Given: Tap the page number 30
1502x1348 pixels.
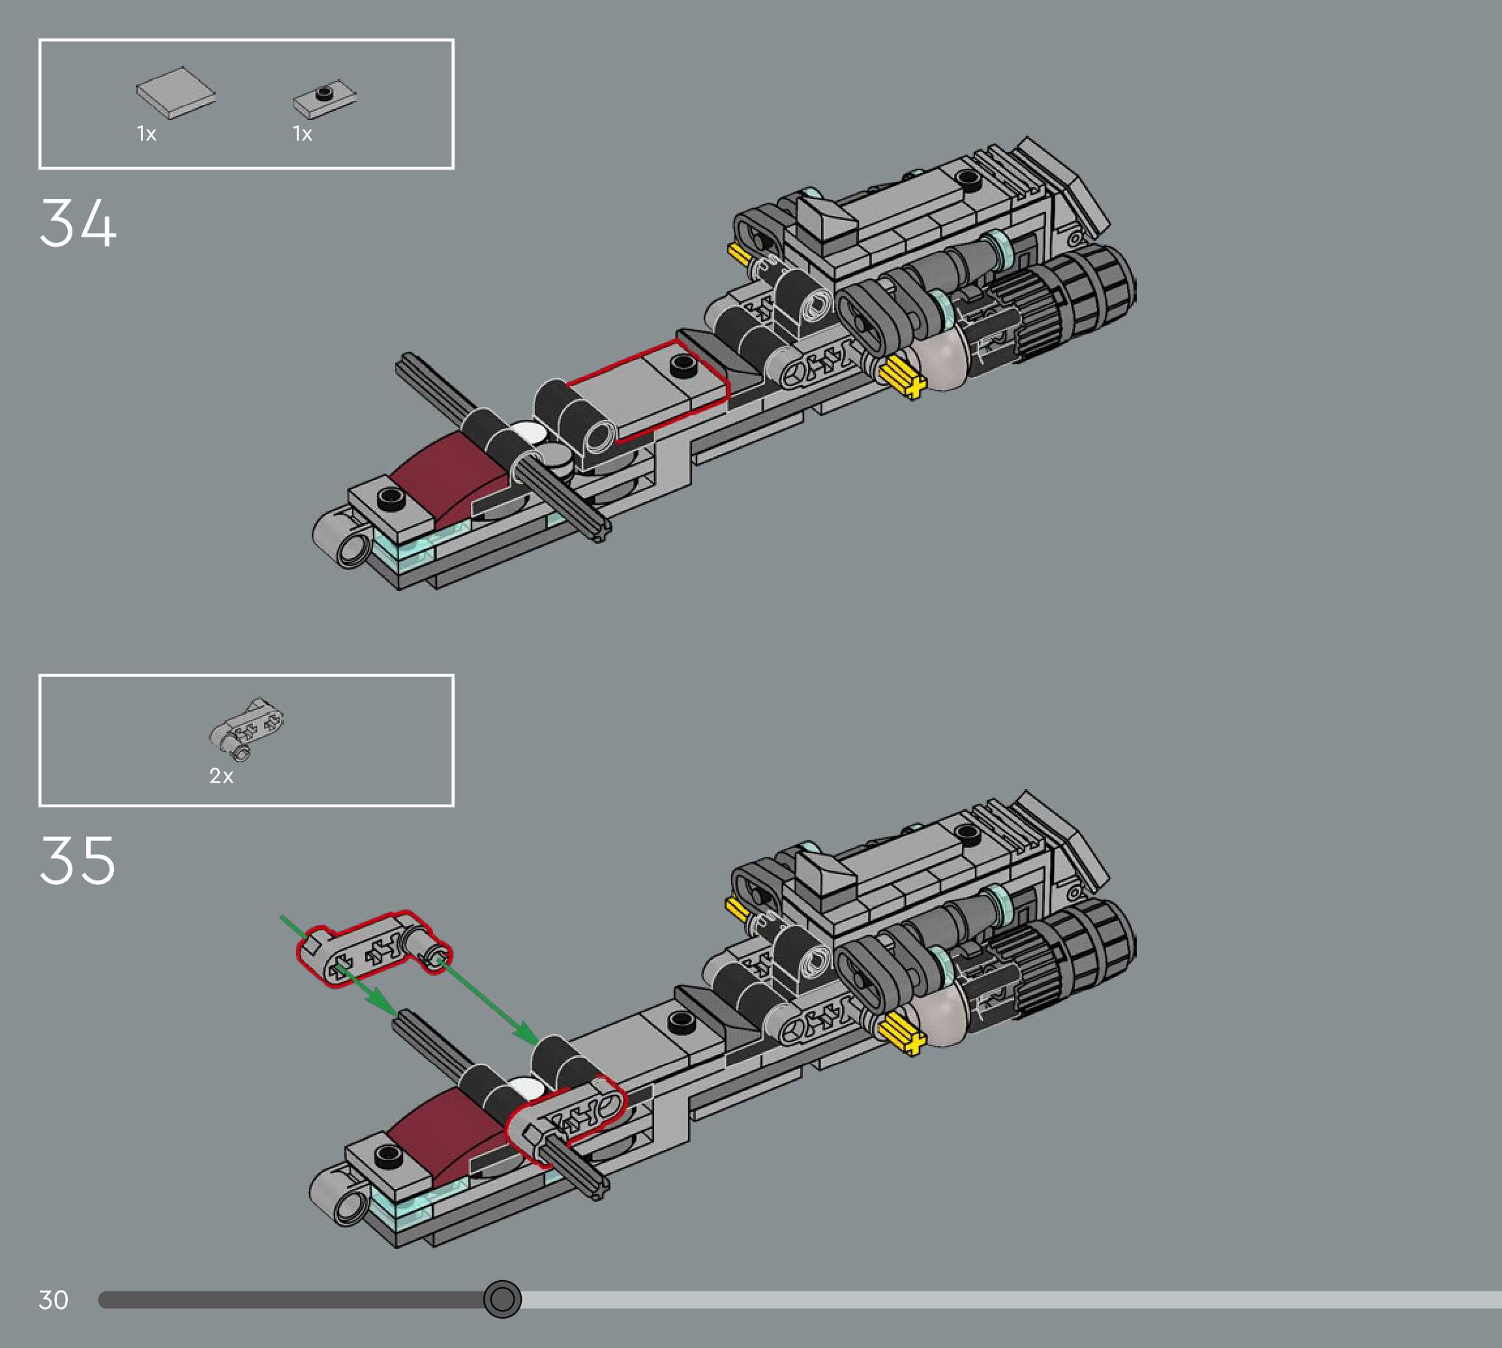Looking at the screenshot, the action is [53, 1299].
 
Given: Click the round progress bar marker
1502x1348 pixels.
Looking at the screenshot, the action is [502, 1298].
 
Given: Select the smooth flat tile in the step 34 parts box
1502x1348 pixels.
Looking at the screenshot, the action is [176, 92].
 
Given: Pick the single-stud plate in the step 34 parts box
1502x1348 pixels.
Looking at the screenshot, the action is [323, 98].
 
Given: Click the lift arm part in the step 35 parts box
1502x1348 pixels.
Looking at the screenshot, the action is [247, 727].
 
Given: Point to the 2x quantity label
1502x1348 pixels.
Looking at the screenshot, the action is [220, 775].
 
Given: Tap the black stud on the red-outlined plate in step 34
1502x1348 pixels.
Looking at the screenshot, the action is [683, 365].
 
